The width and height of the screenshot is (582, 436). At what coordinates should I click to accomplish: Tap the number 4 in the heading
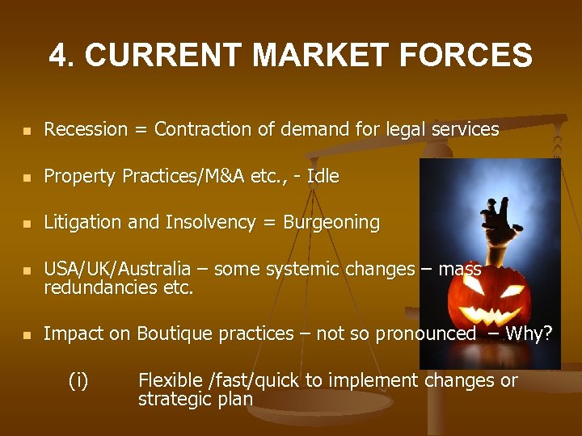(58, 56)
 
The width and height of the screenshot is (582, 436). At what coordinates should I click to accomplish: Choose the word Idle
(323, 176)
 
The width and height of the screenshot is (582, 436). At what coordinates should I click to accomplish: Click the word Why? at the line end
(529, 333)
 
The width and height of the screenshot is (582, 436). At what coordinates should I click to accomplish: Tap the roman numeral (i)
(79, 381)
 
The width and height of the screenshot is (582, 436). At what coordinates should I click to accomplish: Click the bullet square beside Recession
(27, 130)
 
